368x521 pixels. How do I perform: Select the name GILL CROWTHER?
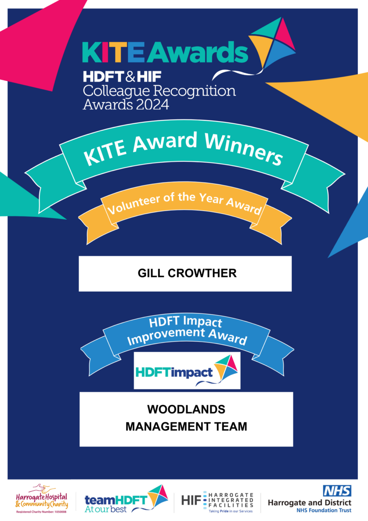click(x=187, y=273)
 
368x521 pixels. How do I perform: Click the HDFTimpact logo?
click(x=187, y=371)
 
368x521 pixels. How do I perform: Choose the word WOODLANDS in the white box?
click(x=186, y=410)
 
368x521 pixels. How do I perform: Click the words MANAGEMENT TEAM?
click(x=186, y=426)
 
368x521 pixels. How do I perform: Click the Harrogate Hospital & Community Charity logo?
click(x=42, y=498)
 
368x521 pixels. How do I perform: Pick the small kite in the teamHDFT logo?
click(x=157, y=494)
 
